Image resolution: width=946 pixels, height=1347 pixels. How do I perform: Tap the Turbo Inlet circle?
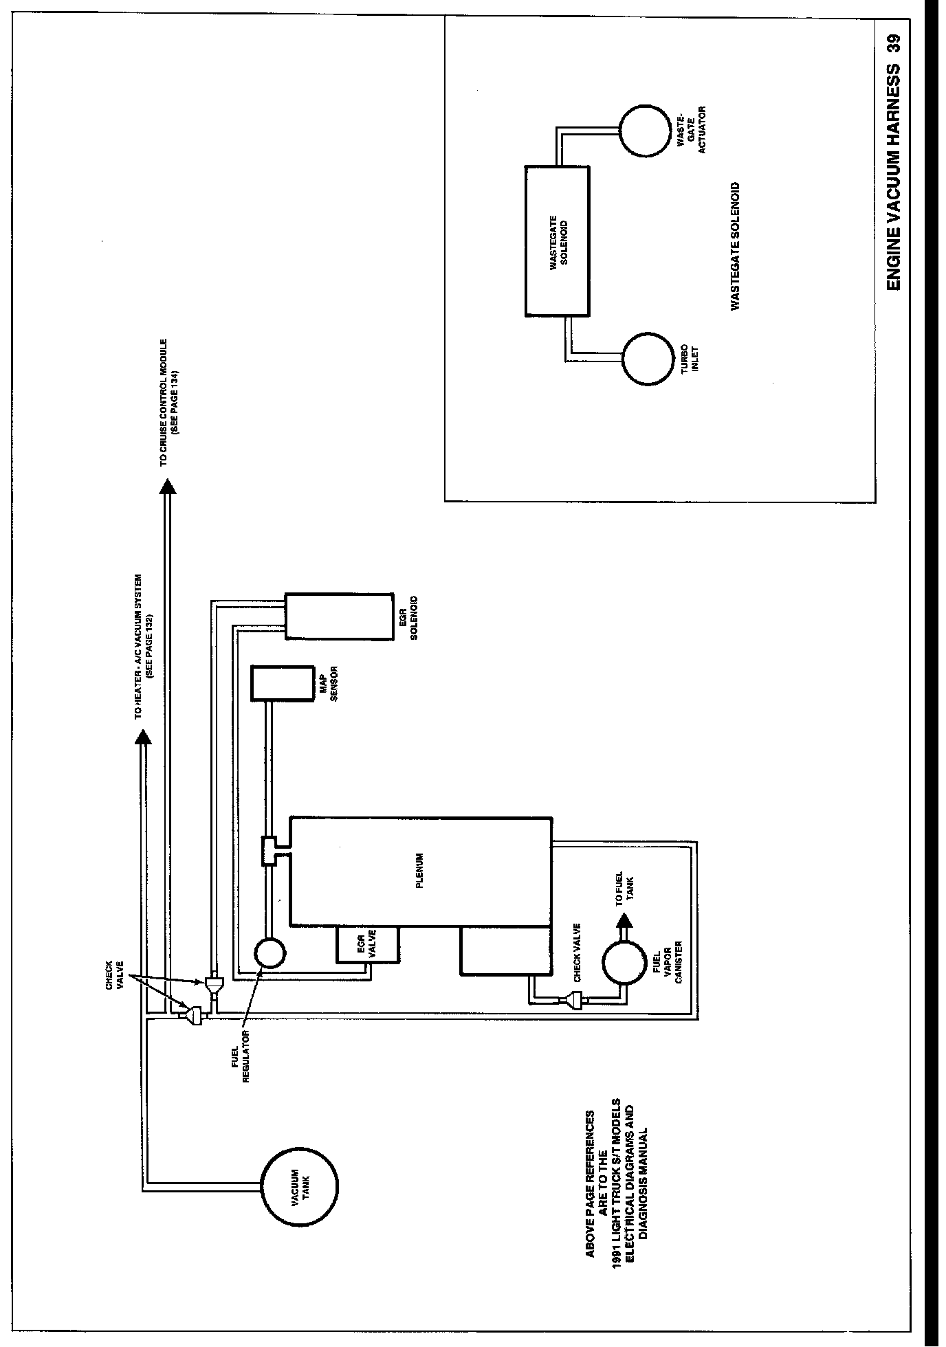coord(649,359)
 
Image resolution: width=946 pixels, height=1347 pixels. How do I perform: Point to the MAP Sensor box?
coord(283,682)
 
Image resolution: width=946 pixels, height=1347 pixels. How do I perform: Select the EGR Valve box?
coord(366,945)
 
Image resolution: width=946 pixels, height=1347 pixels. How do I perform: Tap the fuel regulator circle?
coord(269,953)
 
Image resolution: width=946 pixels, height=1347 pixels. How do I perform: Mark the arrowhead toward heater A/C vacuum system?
coord(143,736)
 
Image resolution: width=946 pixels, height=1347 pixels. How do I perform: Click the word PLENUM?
coord(420,871)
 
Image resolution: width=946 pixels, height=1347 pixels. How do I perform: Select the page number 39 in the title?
coord(893,43)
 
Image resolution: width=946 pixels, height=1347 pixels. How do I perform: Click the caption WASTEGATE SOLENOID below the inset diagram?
coord(735,246)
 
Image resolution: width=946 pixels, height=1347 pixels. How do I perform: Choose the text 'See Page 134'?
coord(175,401)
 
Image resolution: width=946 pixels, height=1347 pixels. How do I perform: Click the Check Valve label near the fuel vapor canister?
coord(577,952)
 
